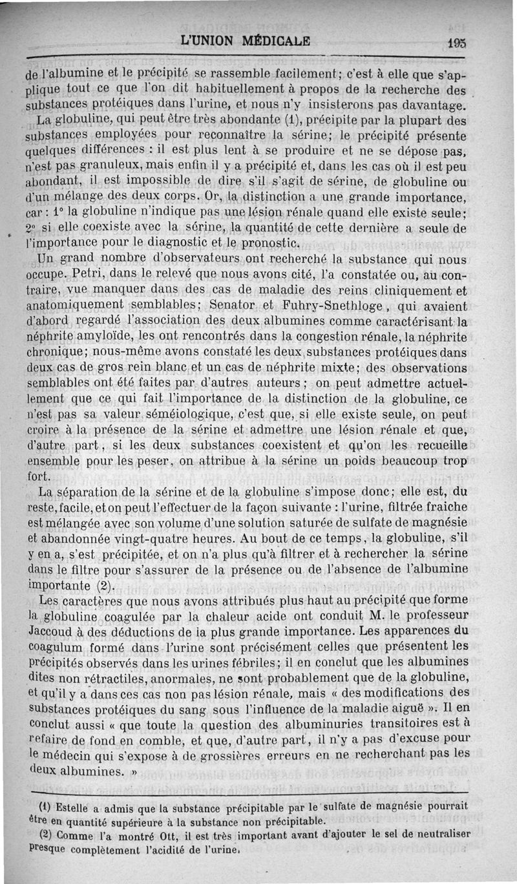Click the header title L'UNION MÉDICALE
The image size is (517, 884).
(246, 40)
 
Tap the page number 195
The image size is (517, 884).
(456, 42)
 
